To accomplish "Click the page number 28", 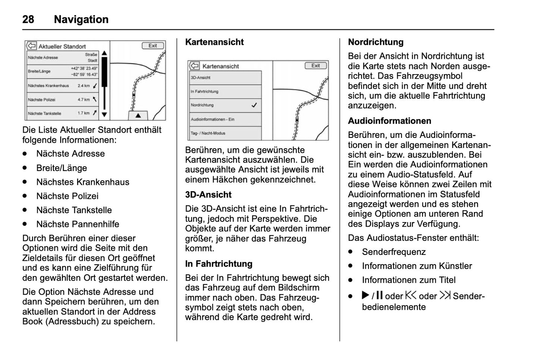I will [x=28, y=19].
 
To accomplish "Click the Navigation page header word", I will [x=81, y=19].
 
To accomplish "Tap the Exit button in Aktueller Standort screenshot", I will [x=153, y=46].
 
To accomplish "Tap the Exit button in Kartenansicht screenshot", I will [x=316, y=66].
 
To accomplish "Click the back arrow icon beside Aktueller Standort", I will [x=31, y=46].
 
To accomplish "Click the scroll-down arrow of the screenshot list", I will [x=104, y=115].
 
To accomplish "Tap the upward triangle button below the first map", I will [x=138, y=116].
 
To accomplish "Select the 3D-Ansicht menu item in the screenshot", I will [x=225, y=78].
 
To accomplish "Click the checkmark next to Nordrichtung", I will [x=254, y=105].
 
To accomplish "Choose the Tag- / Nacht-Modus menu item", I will [x=225, y=133].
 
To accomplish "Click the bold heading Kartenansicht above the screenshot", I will [x=214, y=42].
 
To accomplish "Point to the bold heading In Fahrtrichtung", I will [x=219, y=264].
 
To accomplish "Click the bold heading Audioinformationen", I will [x=389, y=121].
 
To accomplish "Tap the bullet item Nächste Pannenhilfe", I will [x=78, y=224].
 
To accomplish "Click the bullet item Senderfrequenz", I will [x=394, y=252].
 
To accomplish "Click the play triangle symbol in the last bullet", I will [x=366, y=296].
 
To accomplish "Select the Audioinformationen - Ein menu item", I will [x=225, y=119].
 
